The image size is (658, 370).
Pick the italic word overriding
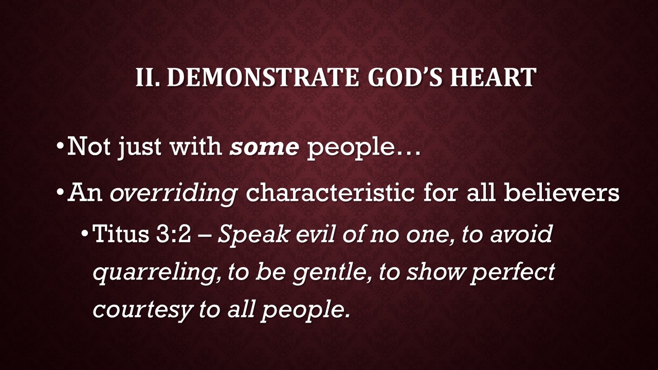pos(173,194)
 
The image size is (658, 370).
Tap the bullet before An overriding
pos(60,193)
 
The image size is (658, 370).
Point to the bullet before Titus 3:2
pos(85,234)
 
